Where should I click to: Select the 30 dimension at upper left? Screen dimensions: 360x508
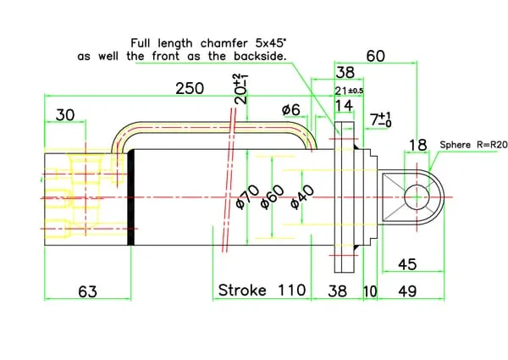point(66,114)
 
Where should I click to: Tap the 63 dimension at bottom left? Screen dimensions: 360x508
point(86,291)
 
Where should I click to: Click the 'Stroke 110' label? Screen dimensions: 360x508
point(262,290)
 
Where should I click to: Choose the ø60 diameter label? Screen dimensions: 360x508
point(271,195)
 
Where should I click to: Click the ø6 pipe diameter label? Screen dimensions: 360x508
point(290,109)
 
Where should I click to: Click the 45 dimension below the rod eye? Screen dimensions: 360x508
point(407,264)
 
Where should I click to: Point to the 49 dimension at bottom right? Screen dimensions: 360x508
point(407,291)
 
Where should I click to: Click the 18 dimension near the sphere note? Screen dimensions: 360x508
point(418,145)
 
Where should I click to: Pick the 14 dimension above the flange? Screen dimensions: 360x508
point(344,106)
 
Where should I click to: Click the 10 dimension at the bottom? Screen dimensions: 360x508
point(370,291)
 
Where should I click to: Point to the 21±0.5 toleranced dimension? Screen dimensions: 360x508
point(349,91)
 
